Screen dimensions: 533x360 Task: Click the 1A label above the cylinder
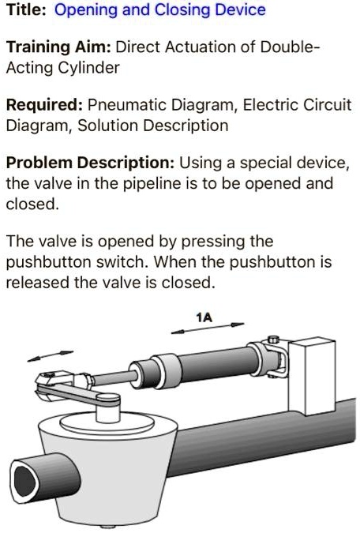pos(205,317)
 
